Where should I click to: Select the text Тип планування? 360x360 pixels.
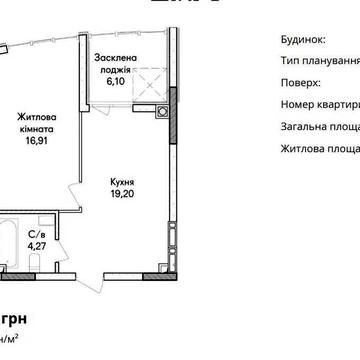pos(316,60)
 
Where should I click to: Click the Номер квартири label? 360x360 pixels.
pos(316,103)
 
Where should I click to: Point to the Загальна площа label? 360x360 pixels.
pos(316,125)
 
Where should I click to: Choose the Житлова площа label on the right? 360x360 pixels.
pos(316,147)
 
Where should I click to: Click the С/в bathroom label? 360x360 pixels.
pos(36,230)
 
